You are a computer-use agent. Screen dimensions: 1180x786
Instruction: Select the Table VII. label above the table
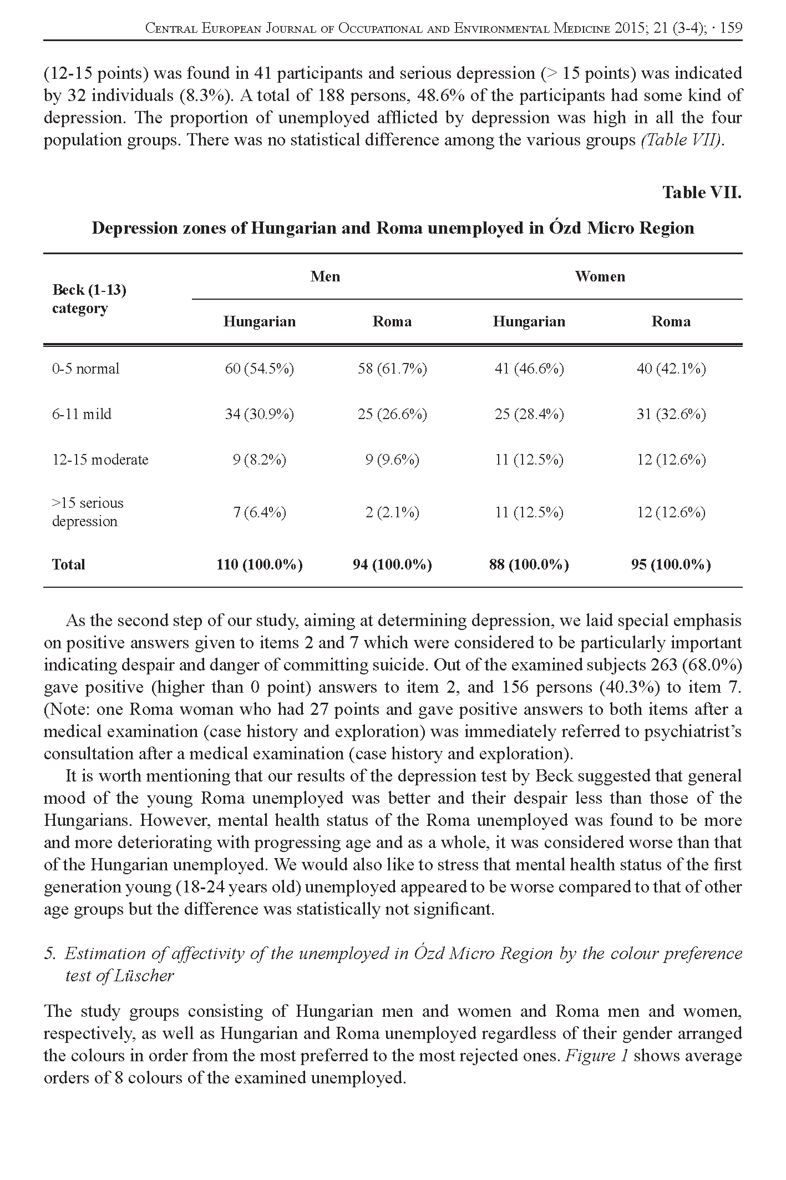702,193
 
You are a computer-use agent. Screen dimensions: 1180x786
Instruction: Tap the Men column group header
325,276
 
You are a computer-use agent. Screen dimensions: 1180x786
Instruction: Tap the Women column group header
600,276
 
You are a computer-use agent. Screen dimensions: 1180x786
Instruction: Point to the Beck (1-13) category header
89,299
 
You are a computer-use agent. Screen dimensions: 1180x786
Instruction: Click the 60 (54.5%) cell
259,369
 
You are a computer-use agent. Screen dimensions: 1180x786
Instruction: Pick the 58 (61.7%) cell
392,369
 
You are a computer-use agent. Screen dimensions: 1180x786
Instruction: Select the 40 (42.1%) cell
671,369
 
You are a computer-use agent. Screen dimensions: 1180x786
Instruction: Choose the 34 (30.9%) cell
259,414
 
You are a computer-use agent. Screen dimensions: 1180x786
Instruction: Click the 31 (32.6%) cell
671,414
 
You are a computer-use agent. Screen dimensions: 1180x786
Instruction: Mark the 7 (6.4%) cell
259,512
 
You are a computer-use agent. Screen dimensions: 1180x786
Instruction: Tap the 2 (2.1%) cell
392,512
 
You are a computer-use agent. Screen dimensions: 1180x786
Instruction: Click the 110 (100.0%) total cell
259,564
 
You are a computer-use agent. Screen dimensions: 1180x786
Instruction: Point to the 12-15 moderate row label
100,460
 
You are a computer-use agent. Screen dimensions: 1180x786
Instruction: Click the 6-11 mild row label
82,414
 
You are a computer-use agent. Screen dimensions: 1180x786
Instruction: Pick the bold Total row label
69,564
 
